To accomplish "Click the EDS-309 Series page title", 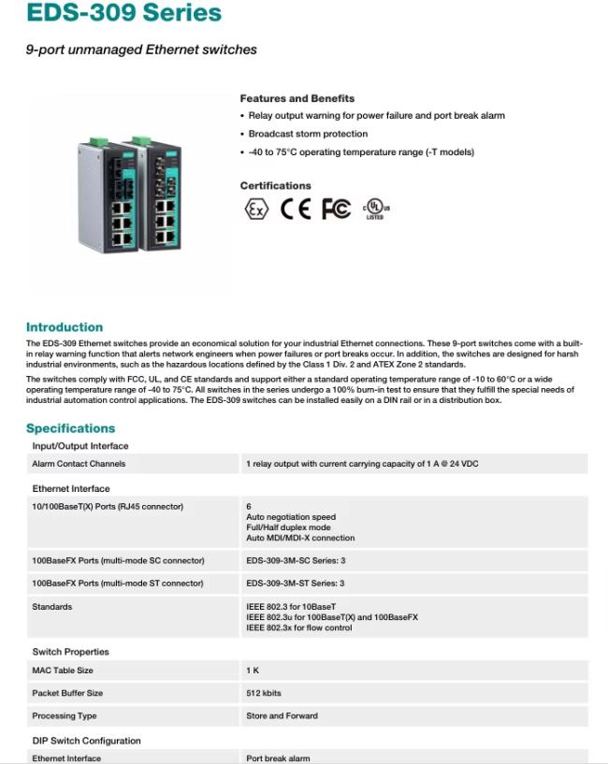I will coord(123,13).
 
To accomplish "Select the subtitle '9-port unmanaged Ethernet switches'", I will coord(141,49).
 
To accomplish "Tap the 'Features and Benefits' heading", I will coord(297,98).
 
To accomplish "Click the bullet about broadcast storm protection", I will coord(308,134).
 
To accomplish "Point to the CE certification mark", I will coord(295,209).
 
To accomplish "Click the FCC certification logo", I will coord(336,209).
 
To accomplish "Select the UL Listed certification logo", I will coord(375,209).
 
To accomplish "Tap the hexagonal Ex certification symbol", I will coord(255,209).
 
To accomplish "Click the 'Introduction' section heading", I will coord(65,327).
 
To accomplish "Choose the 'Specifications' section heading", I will coord(70,428).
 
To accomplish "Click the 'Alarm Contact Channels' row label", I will coord(79,464).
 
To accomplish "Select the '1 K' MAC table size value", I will coord(253,670).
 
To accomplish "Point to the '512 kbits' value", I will coord(264,693).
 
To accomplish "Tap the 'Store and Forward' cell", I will coord(282,716).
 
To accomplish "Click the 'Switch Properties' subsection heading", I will coord(70,652).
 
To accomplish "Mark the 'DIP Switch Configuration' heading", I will coord(86,741).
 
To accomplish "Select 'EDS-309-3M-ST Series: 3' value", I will coord(296,584).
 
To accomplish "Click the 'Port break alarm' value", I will coord(278,758).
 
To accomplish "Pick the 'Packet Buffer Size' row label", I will coord(67,693).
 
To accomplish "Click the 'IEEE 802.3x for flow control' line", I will coord(299,628).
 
